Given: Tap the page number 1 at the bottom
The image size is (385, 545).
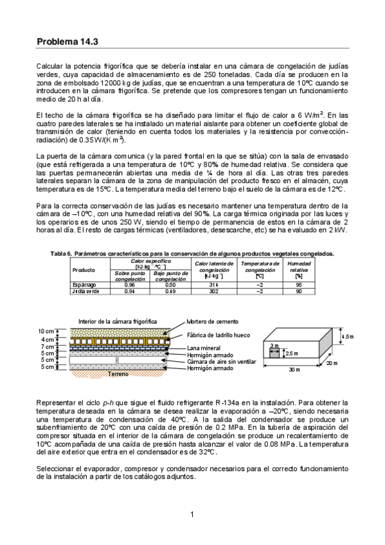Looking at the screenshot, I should pyautogui.click(x=192, y=514).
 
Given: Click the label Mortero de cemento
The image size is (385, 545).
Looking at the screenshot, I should pyautogui.click(x=213, y=321).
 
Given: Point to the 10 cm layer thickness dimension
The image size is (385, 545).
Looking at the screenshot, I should pyautogui.click(x=46, y=331).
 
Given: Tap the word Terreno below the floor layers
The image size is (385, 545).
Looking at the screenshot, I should pyautogui.click(x=118, y=373).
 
